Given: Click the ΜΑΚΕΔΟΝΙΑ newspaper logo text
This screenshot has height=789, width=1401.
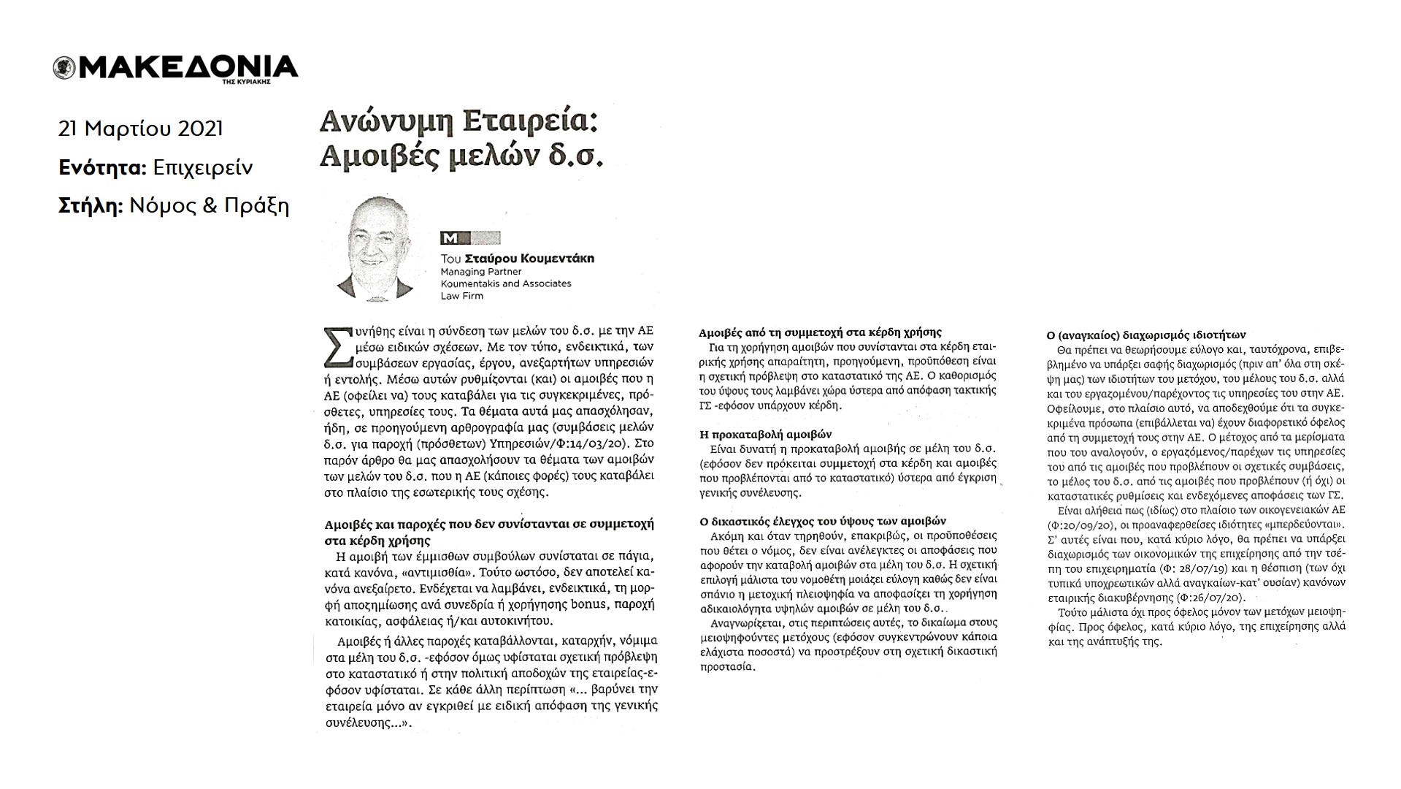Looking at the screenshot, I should pyautogui.click(x=186, y=66).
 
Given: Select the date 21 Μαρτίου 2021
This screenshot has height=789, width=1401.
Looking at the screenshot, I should pyautogui.click(x=140, y=129).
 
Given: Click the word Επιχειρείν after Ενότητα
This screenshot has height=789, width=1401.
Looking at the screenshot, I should pyautogui.click(x=203, y=168).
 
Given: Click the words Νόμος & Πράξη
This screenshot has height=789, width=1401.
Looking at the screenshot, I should pyautogui.click(x=210, y=207).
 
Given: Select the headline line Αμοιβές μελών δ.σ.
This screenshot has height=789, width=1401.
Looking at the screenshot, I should pyautogui.click(x=461, y=157).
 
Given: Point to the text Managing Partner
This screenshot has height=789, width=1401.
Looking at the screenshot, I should pyautogui.click(x=480, y=272).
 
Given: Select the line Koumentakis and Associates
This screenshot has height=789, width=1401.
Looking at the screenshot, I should pyautogui.click(x=505, y=283).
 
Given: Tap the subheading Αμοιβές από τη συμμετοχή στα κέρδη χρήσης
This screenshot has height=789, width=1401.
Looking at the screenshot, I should pyautogui.click(x=821, y=332).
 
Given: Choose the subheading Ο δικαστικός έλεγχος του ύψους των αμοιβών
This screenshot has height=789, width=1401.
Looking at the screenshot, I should pyautogui.click(x=823, y=521).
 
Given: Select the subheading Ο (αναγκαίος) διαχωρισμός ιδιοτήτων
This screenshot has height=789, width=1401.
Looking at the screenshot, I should pyautogui.click(x=1145, y=335).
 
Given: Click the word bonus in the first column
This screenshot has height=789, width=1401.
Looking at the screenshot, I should pyautogui.click(x=567, y=605).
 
